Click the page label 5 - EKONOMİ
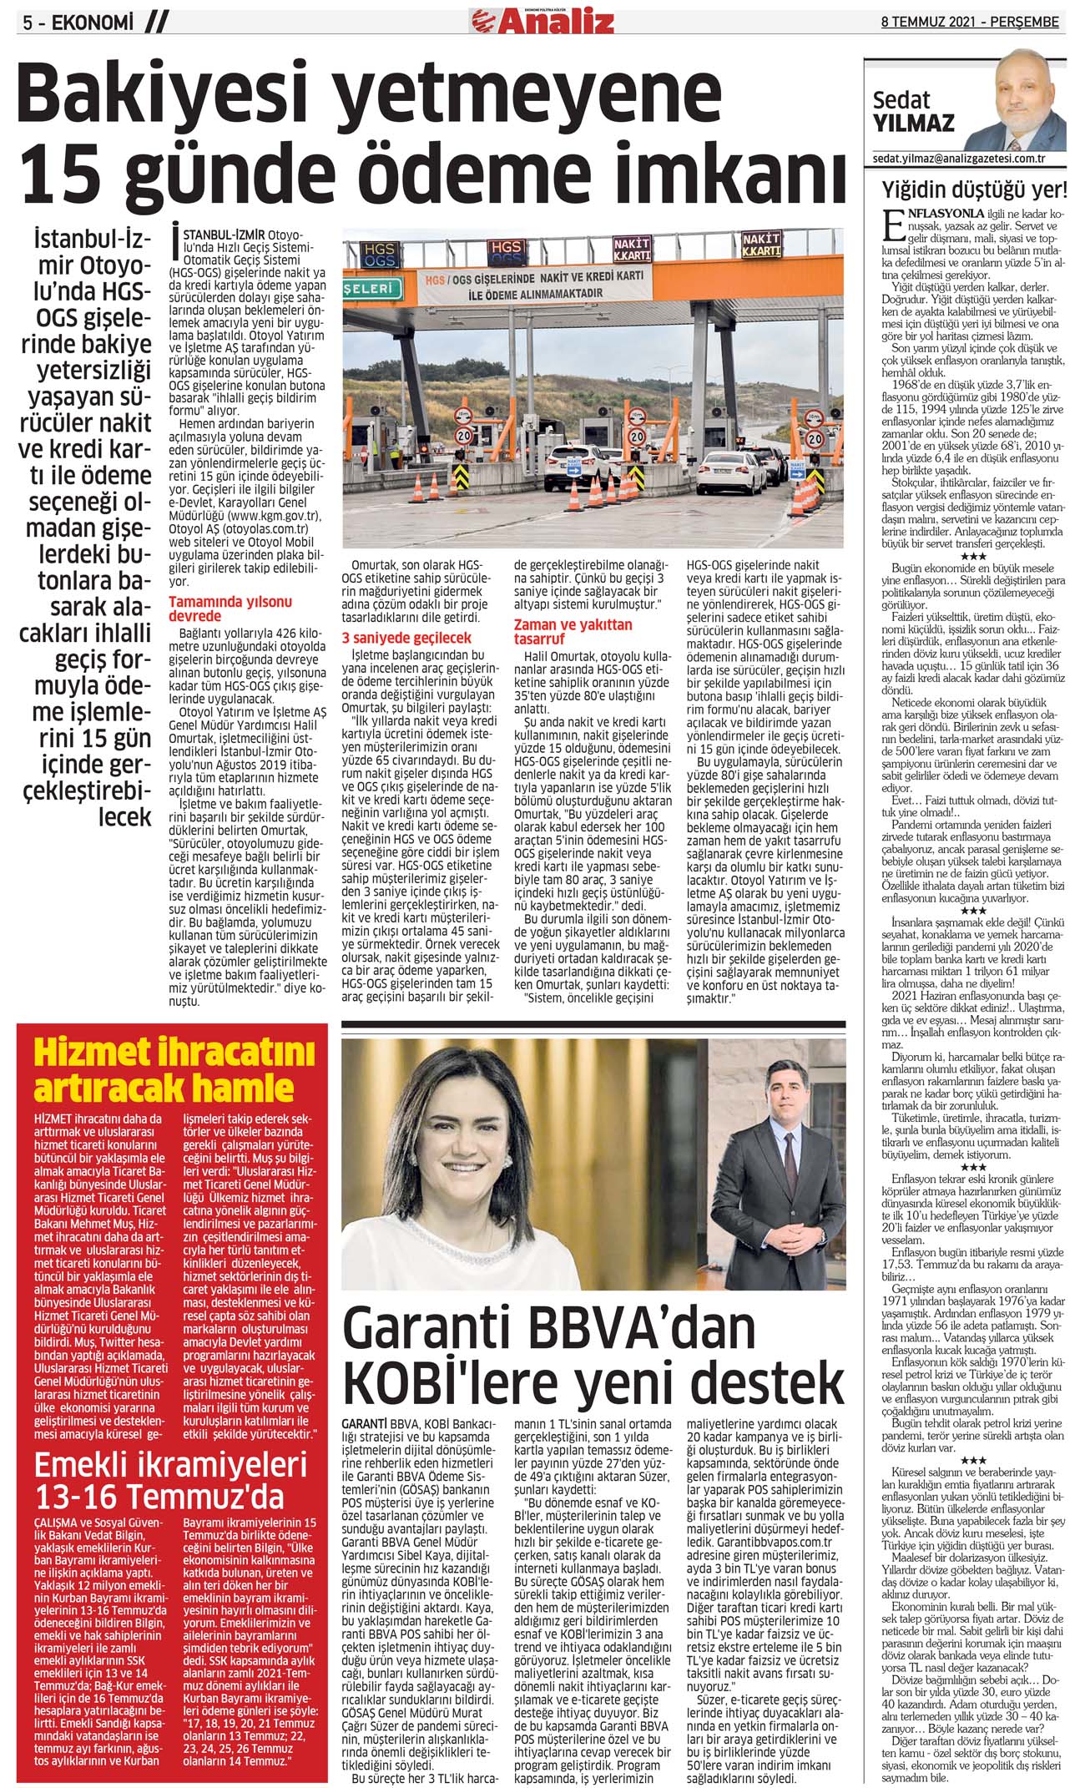coord(78,23)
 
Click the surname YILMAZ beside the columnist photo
coord(912,124)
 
